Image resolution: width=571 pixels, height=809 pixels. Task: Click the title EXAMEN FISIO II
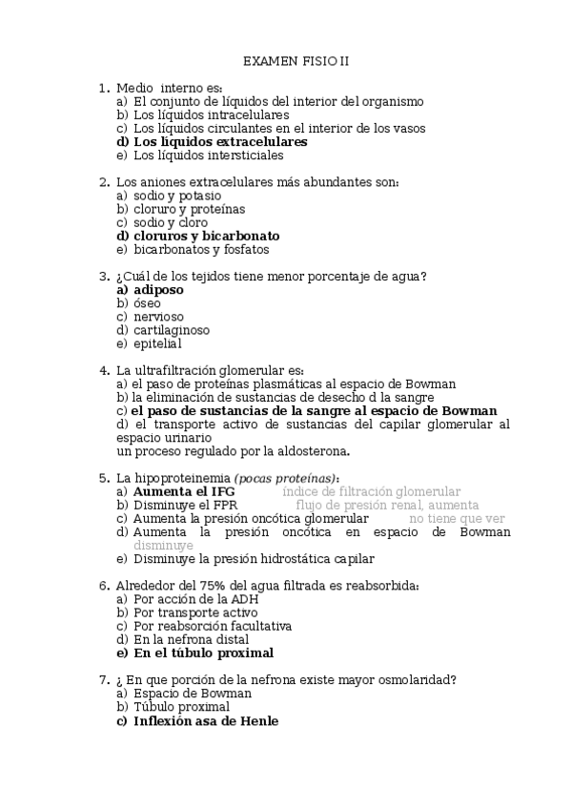click(x=296, y=61)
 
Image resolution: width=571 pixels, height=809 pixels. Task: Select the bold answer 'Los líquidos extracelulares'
click(x=220, y=141)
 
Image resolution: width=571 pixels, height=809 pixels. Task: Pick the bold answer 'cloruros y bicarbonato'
click(x=206, y=236)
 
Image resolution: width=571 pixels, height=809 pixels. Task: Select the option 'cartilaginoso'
click(x=172, y=330)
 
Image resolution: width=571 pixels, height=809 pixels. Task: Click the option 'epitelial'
click(x=157, y=343)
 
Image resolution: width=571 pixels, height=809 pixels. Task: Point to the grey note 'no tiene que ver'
click(x=458, y=519)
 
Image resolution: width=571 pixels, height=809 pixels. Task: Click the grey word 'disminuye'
click(x=164, y=546)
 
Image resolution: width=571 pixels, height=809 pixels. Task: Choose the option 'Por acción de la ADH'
click(x=195, y=599)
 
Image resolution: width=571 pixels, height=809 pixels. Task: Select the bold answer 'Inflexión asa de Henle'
click(x=206, y=721)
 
